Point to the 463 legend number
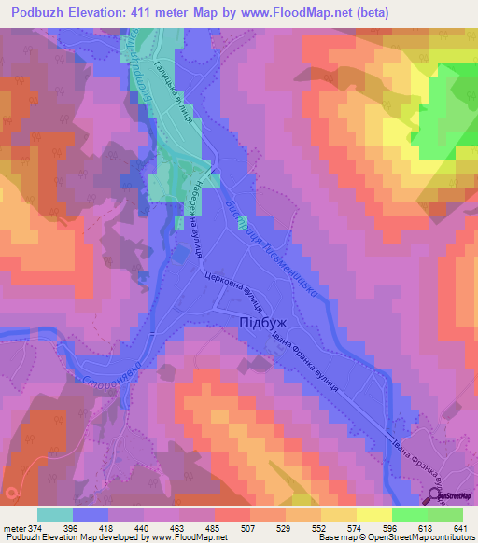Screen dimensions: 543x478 pyautogui.click(x=165, y=528)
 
